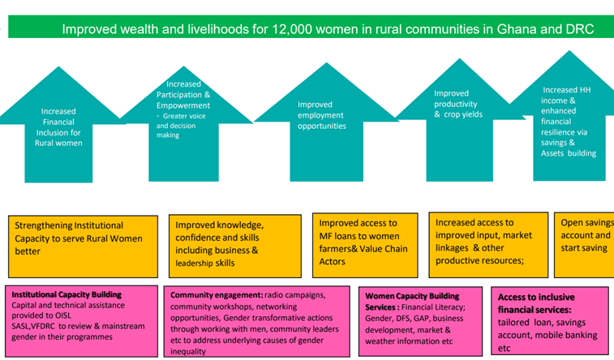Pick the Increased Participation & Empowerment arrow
click(x=187, y=109)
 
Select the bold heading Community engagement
click(x=216, y=294)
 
